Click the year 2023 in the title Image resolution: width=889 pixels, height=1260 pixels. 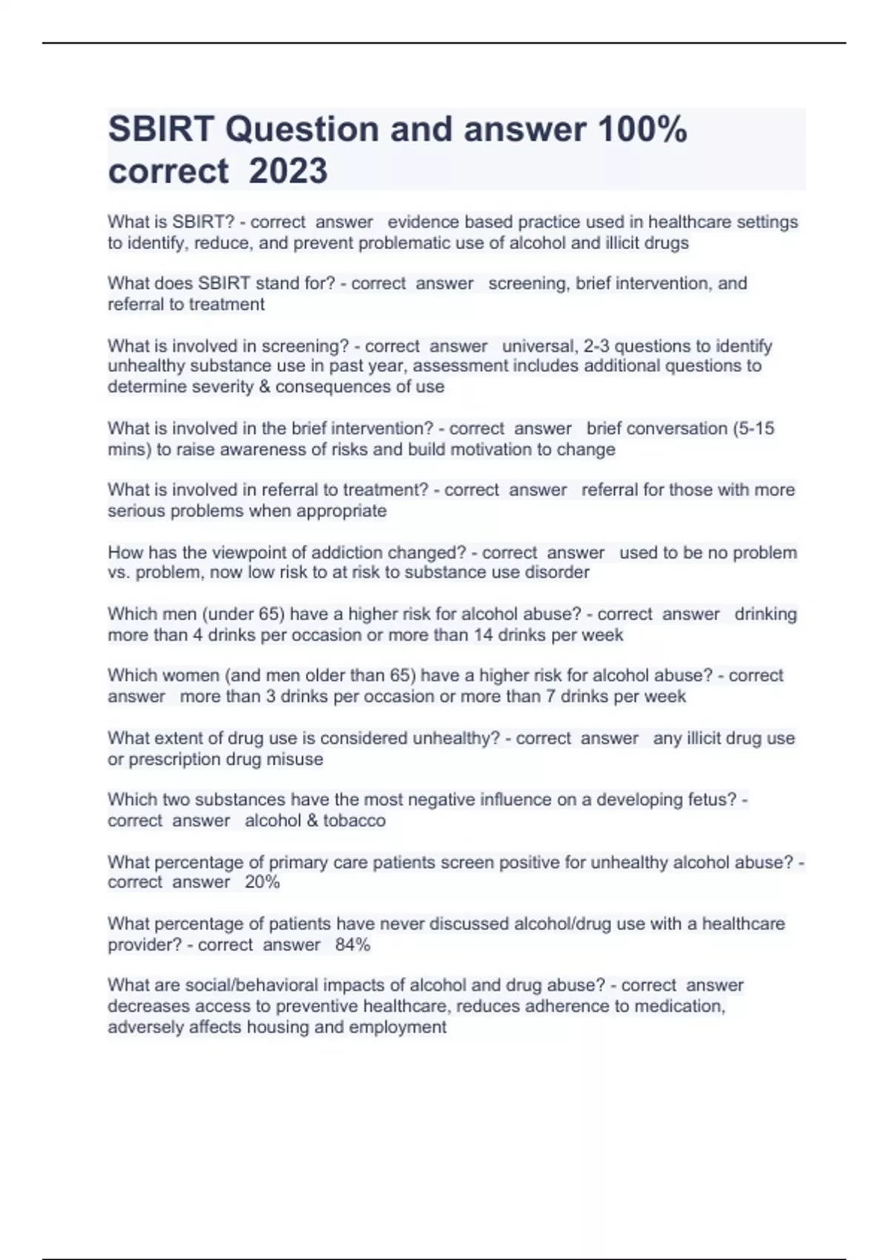[288, 171]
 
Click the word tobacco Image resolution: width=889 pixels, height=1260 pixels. [354, 820]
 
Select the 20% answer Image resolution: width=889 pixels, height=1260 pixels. [262, 882]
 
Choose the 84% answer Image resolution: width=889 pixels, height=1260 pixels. [353, 945]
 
